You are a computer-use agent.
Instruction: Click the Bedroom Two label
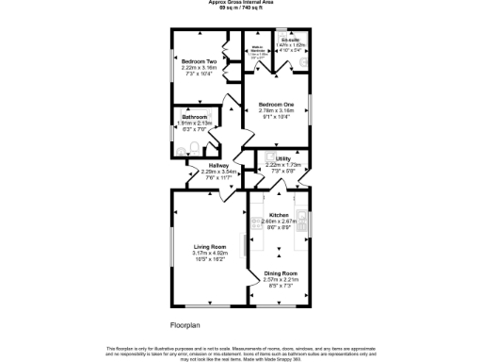199,61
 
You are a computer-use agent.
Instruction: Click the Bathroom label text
195,117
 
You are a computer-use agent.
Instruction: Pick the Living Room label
198,247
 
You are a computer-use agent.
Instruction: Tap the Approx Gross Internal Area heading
241,3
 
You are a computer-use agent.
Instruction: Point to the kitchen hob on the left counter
257,224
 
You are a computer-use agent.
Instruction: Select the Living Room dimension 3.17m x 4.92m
198,253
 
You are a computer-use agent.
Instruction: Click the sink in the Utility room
270,156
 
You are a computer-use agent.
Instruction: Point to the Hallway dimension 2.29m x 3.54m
219,172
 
